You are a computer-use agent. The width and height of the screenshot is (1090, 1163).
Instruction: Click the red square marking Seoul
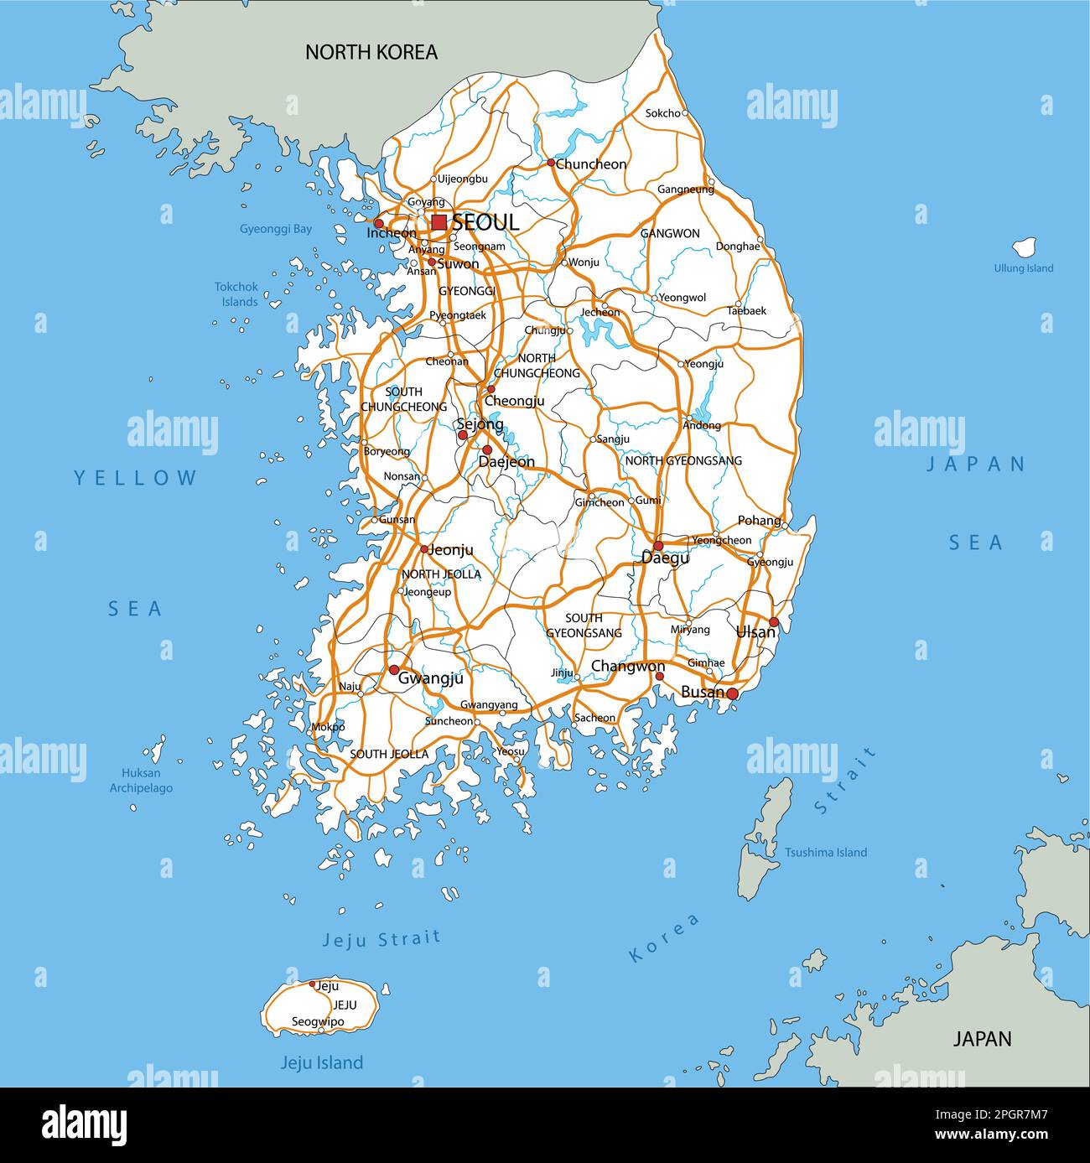[x=439, y=222]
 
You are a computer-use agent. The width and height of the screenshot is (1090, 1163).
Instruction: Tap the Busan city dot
[x=732, y=693]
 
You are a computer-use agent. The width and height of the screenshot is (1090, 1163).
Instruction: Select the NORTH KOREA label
[x=371, y=52]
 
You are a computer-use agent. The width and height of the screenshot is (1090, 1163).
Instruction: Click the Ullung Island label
[x=1023, y=268]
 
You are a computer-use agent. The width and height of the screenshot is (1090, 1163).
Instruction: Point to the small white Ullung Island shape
[x=1024, y=247]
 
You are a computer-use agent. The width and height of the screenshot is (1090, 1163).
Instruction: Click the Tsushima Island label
[x=825, y=852]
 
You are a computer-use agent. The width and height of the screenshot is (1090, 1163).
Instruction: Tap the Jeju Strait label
[x=381, y=939]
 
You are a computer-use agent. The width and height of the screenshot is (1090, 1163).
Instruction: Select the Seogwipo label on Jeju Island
[x=318, y=1022]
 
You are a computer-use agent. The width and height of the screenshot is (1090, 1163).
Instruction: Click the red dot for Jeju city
[x=312, y=984]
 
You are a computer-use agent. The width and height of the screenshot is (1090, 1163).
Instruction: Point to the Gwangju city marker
[x=393, y=670]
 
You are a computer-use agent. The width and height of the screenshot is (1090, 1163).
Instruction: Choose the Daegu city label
[x=665, y=558]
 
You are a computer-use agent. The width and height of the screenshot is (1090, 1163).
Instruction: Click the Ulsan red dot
[x=774, y=622]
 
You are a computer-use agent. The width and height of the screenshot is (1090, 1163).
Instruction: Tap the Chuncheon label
[x=590, y=164]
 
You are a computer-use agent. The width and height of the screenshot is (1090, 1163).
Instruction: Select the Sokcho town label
[x=662, y=113]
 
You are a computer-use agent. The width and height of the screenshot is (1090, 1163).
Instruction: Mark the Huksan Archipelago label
[x=141, y=780]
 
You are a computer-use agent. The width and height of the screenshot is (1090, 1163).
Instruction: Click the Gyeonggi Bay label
[x=276, y=228]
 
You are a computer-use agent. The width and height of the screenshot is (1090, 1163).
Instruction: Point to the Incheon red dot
[x=378, y=224]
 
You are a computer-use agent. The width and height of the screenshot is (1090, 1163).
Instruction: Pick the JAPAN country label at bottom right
[x=982, y=1038]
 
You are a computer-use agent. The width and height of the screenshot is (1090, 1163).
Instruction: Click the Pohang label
[x=759, y=521]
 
